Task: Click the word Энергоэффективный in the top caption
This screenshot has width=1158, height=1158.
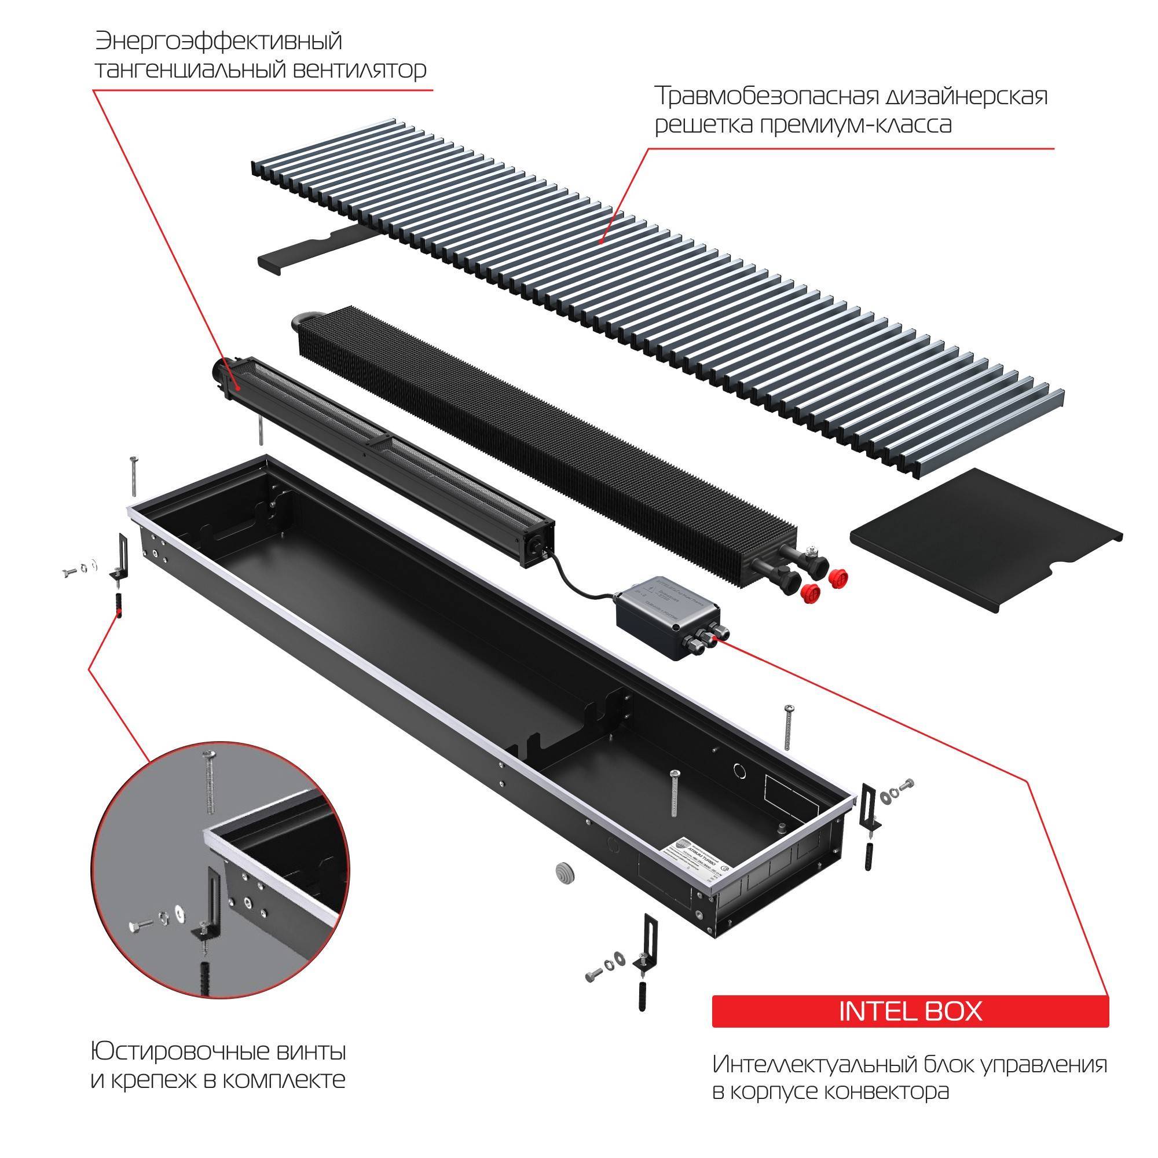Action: point(218,42)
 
